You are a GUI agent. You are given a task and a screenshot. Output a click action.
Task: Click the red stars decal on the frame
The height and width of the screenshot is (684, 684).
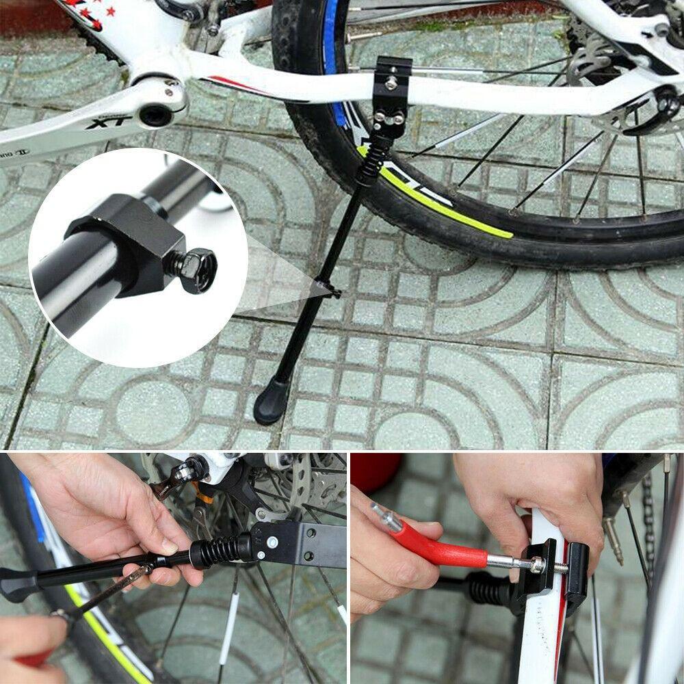pos(92,14)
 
